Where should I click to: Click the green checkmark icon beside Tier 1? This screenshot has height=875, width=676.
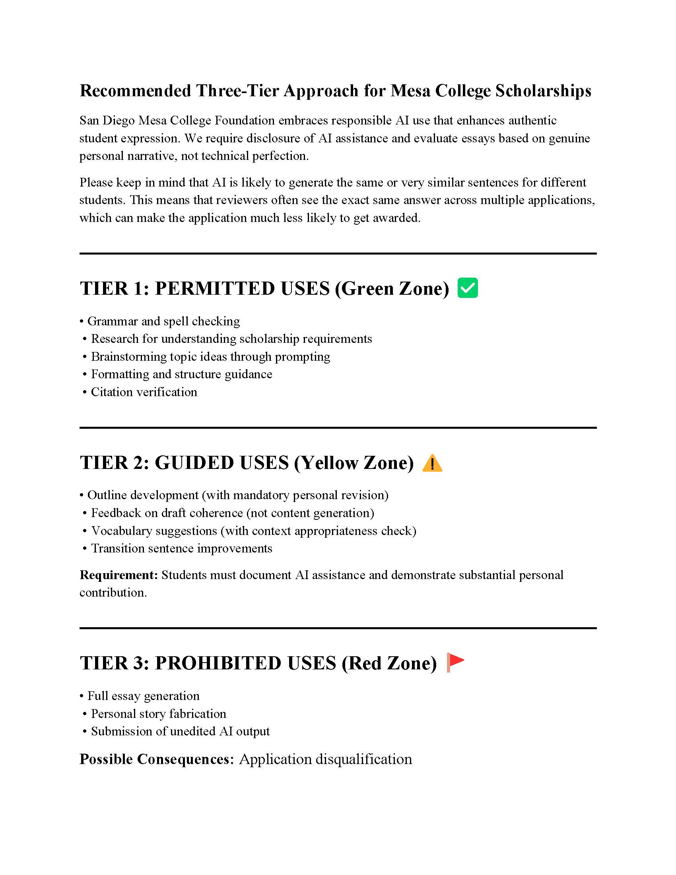coord(467,288)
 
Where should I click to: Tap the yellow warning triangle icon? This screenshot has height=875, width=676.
coord(432,463)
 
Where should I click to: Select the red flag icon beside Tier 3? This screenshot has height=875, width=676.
coord(455,662)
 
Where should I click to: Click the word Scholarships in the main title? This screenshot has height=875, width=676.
coord(543,91)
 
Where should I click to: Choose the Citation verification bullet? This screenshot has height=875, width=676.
coord(144,392)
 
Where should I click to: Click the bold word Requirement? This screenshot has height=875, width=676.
coord(119,575)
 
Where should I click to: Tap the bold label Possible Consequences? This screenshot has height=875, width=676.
coord(157,759)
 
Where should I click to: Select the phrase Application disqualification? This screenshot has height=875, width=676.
coord(325,759)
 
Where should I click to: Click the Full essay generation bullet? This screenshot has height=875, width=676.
coord(144,696)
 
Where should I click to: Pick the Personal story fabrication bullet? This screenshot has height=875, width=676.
coord(158,714)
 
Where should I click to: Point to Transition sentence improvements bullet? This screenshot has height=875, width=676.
coord(181,548)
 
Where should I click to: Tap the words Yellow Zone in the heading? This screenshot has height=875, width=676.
coord(354,463)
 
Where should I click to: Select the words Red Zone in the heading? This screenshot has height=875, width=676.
coord(389,663)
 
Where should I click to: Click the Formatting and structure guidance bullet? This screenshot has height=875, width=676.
coord(181,374)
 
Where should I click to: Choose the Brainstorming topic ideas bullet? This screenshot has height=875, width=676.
coord(210,357)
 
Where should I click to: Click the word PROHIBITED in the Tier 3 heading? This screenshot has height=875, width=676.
coord(218,663)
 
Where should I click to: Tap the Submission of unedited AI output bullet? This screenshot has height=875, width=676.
coord(180,731)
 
